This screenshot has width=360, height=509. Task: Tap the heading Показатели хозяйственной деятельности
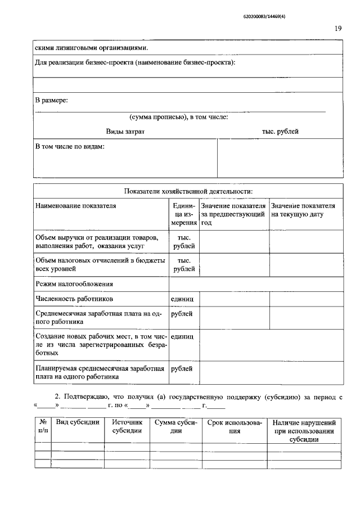[x=188, y=191]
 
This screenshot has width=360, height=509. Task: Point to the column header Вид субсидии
[x=78, y=422]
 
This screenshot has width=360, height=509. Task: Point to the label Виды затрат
[x=125, y=132]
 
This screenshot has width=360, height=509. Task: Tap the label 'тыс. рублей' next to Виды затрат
[x=280, y=132]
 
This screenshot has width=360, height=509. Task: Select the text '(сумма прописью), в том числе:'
[x=178, y=118]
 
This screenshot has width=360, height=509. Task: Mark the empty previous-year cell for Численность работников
[x=235, y=299]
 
